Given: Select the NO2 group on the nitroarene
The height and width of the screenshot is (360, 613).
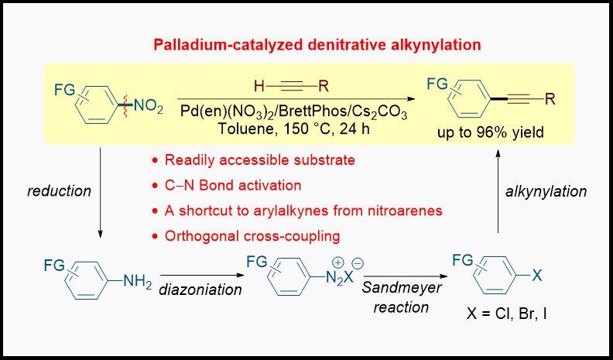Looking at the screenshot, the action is (148, 107).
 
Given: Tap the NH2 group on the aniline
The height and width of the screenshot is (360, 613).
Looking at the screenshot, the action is (137, 283).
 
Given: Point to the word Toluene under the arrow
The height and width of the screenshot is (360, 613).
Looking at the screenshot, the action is (242, 129).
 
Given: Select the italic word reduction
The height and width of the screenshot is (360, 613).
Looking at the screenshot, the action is (60, 191).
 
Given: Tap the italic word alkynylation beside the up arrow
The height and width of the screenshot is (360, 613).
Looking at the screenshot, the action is (546, 191).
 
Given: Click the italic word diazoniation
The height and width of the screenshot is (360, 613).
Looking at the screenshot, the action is (200, 290).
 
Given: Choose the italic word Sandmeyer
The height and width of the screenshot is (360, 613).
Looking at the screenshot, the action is (402, 288).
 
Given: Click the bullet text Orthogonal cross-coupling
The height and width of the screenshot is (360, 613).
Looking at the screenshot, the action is (252, 236).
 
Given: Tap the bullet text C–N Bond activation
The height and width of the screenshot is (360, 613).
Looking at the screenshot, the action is (233, 185).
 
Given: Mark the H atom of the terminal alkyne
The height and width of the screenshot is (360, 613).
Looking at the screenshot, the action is (259, 87).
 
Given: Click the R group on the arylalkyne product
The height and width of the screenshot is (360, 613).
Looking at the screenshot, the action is (550, 99).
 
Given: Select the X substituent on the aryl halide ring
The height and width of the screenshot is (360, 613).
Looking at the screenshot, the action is (538, 276).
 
